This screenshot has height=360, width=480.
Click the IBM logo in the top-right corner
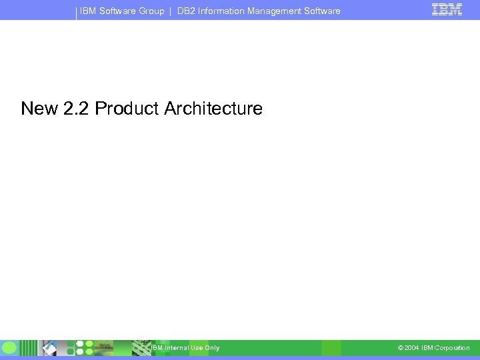(447, 9)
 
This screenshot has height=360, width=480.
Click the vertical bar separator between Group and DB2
(171, 11)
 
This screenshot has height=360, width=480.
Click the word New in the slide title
(39, 109)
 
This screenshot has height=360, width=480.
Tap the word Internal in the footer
(177, 348)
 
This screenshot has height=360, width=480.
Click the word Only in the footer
(212, 348)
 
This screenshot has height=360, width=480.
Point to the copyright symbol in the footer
(400, 348)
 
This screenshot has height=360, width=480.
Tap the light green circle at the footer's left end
(9, 348)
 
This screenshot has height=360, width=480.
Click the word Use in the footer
(197, 348)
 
